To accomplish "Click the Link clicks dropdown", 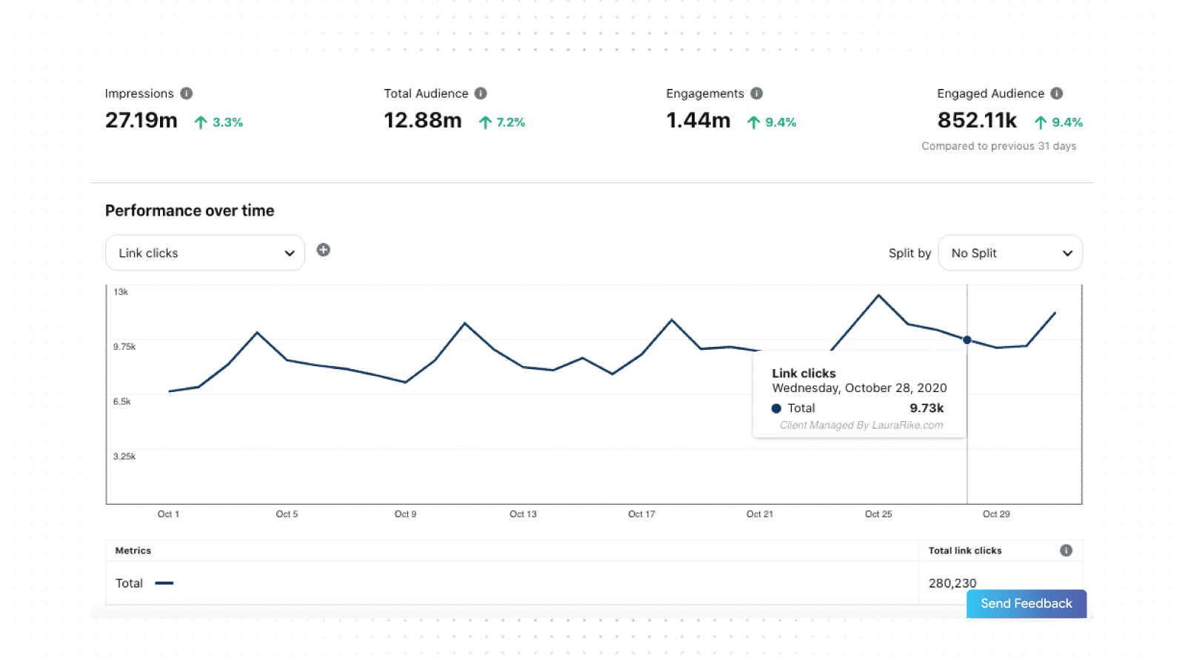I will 205,253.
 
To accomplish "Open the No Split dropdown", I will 1010,253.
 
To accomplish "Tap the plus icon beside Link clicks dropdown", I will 324,250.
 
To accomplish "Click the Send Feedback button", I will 1026,603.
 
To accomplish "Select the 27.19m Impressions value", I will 141,120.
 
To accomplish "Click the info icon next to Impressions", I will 187,93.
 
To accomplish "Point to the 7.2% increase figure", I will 510,122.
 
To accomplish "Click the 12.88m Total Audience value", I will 422,120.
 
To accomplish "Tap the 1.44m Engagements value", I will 698,120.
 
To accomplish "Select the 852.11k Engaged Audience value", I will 977,120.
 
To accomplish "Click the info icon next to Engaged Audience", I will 1057,93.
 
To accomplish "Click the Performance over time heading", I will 190,210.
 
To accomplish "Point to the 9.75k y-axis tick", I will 124,347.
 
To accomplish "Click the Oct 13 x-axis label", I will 523,514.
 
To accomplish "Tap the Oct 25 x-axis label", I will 878,514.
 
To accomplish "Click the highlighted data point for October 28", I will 967,340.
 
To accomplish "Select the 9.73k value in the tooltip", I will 927,408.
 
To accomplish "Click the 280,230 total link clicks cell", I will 952,583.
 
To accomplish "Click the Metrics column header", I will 133,551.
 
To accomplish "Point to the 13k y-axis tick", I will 121,292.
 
